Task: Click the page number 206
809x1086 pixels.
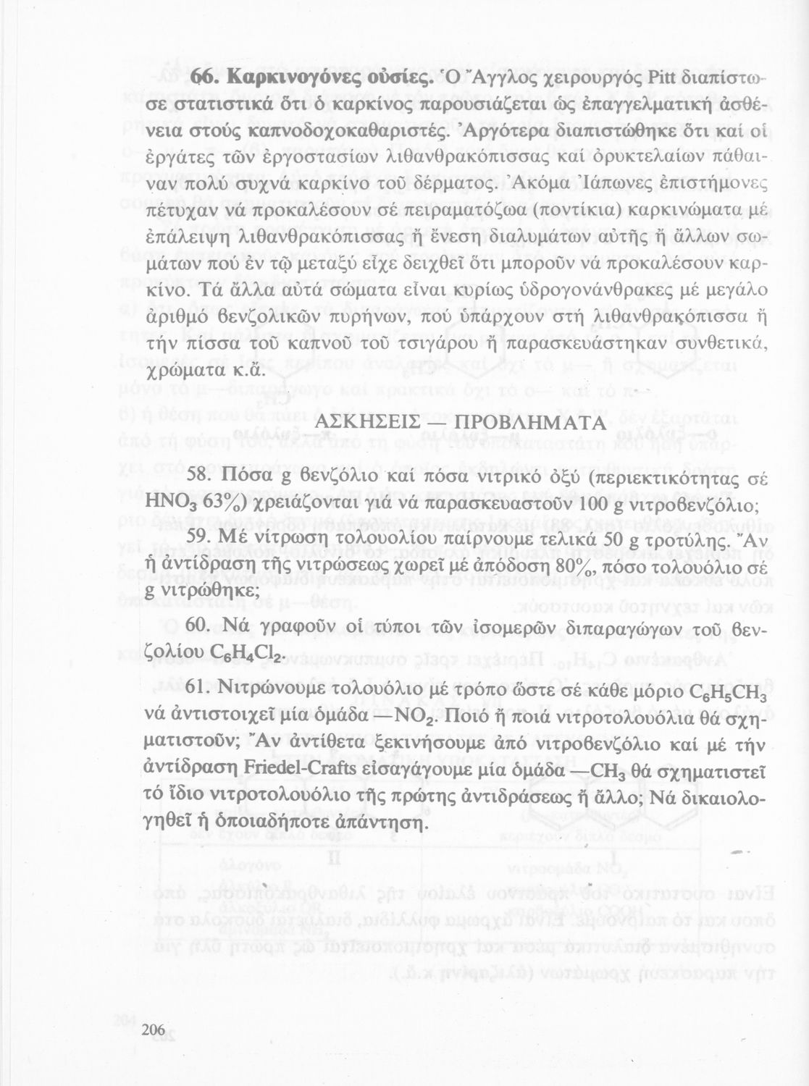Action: pos(154,1030)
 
